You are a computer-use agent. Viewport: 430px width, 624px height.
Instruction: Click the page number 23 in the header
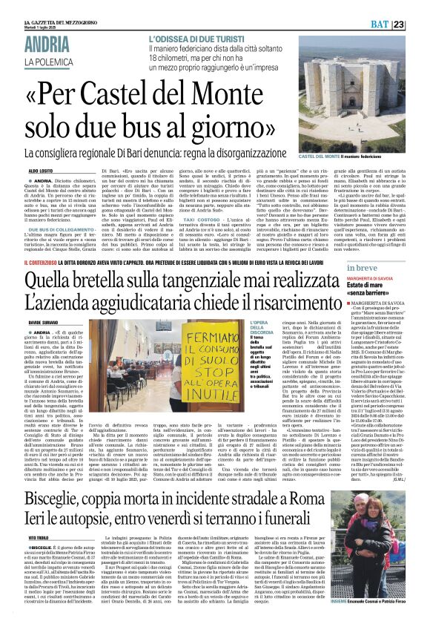(x=419, y=24)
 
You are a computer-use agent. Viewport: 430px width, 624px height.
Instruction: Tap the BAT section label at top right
(x=397, y=24)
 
